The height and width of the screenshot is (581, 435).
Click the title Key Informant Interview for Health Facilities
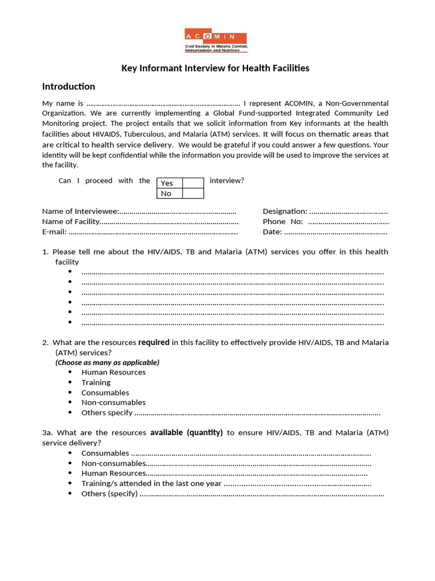(x=216, y=68)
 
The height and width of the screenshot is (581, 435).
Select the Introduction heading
(x=69, y=87)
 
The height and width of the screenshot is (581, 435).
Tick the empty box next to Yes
(x=193, y=183)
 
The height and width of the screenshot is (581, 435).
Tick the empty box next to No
(x=193, y=193)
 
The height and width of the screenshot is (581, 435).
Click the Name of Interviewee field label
(x=80, y=211)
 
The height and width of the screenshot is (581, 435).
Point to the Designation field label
(x=285, y=211)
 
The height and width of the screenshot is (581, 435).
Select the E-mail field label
(x=54, y=231)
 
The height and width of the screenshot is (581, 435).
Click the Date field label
(x=272, y=231)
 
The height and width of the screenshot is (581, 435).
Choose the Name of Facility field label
(x=71, y=221)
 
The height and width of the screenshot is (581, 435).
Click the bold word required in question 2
(x=153, y=342)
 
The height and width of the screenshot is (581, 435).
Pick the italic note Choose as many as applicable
(x=107, y=362)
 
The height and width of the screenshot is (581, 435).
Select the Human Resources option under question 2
(x=113, y=372)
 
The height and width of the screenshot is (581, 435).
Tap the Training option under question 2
(x=96, y=382)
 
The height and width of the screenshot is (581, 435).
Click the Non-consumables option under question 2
(x=113, y=403)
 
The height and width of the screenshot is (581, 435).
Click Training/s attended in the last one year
(x=151, y=483)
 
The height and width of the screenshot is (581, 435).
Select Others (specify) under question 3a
(x=109, y=494)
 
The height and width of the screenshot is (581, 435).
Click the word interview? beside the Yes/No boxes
(x=227, y=180)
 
